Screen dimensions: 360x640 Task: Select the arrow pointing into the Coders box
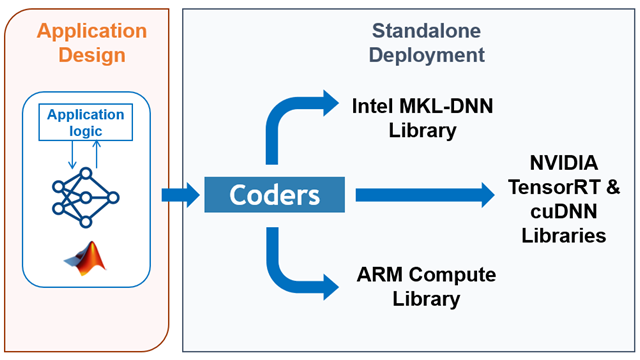181,195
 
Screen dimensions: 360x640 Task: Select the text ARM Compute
425,274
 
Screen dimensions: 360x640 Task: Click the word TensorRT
557,187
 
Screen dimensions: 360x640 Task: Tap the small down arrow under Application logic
71,155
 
